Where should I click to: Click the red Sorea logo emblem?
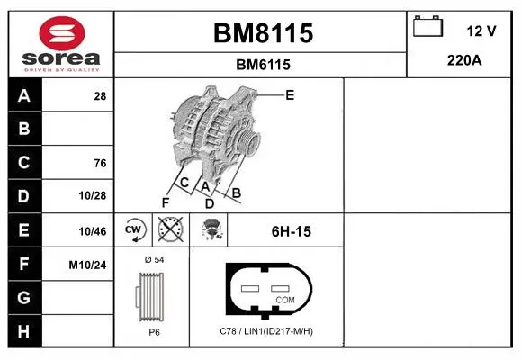62,33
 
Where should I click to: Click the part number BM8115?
263,33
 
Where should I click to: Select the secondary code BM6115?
263,65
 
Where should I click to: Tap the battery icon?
427,26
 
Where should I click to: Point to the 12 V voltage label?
481,31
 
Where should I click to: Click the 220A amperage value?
464,60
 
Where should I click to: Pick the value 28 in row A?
100,96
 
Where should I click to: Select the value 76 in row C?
100,163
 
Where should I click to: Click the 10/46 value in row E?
92,231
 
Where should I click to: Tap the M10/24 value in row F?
87,265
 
